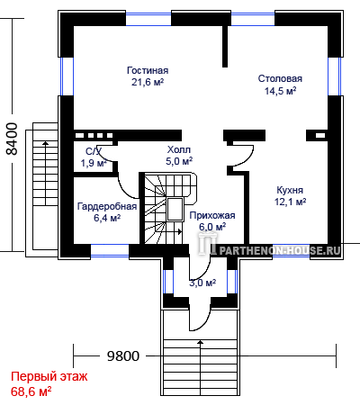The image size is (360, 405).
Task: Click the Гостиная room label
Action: coord(148,70)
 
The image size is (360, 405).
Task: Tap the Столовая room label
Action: coord(280,78)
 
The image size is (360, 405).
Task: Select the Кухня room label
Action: coord(290,190)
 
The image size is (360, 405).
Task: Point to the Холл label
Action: coord(179,149)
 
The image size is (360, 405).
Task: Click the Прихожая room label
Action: coord(212,215)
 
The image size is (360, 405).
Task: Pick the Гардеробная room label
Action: coord(107,206)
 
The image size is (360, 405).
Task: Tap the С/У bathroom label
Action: coord(94,151)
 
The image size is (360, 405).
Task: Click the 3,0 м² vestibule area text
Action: coord(202,283)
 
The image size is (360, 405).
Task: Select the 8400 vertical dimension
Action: coord(13,139)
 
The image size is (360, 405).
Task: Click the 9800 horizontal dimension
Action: coord(123,356)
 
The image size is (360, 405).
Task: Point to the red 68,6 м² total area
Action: coord(31,391)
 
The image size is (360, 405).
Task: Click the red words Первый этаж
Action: coord(49,376)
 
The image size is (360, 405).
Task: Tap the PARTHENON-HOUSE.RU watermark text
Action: coord(279,250)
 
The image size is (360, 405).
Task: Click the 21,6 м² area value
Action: coord(148,82)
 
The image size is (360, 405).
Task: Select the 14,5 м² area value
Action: coord(280,91)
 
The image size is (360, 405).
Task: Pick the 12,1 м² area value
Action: coord(290,202)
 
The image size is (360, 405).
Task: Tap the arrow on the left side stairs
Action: coord(45,173)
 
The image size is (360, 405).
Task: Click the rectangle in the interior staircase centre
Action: coord(175,210)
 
